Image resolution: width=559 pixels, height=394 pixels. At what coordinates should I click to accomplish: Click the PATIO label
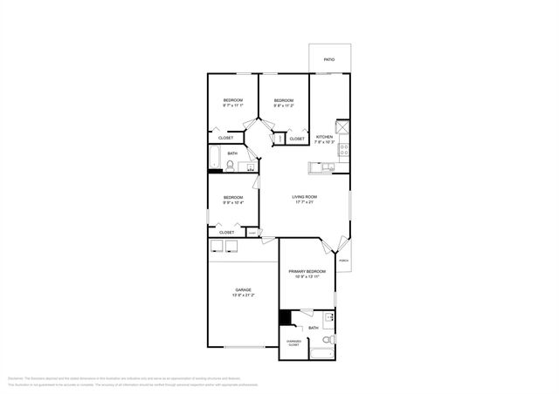pos(329,59)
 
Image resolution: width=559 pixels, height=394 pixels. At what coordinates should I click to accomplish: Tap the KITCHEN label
pos(324,136)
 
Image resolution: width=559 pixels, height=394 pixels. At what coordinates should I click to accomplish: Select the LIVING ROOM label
pos(304,197)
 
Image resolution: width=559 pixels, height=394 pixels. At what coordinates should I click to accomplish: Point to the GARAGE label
pos(243,289)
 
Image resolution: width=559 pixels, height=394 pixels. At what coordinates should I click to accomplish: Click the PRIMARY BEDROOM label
pos(307,272)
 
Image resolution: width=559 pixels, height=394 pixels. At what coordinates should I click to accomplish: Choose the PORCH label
pos(343,261)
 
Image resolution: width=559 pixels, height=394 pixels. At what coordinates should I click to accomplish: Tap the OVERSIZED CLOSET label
pos(294,343)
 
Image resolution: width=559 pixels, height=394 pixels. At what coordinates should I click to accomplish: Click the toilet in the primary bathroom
pos(327,340)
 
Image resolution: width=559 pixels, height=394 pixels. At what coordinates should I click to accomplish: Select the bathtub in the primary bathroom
pos(321,354)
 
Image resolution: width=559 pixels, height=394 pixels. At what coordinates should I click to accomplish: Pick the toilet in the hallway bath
pos(231,165)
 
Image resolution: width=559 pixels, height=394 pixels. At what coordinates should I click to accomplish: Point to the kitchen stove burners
pos(344,147)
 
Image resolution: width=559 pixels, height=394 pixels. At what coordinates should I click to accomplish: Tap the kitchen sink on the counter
pos(327,166)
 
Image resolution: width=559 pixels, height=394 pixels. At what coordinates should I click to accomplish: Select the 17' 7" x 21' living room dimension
pos(304,203)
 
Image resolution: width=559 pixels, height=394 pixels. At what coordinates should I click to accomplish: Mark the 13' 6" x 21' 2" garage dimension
pos(243,295)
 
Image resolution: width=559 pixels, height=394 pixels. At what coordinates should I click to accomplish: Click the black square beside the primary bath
pos(284,318)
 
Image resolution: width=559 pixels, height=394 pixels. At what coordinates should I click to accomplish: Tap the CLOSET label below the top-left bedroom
pos(225,138)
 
